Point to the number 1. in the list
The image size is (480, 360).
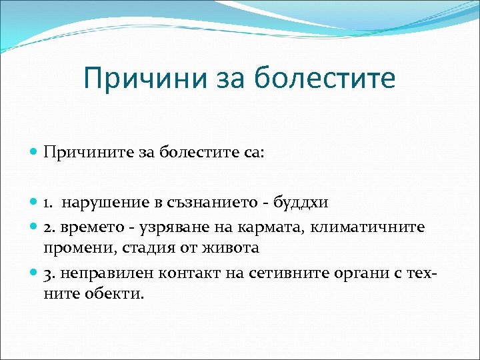coord(49,203)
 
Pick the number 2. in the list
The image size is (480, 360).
coord(49,227)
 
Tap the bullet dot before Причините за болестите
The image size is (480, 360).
coord(35,153)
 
